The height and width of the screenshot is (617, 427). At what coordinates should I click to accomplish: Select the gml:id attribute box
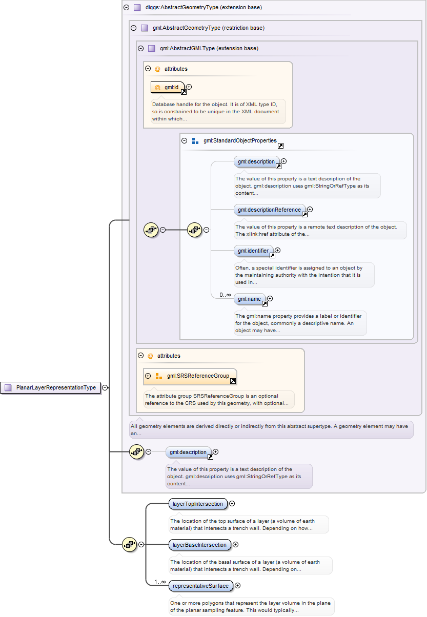click(168, 87)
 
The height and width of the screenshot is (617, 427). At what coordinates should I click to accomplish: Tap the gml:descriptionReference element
click(270, 210)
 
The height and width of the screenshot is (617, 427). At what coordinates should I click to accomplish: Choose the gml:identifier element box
click(253, 251)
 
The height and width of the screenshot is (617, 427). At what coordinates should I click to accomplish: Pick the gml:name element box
click(249, 299)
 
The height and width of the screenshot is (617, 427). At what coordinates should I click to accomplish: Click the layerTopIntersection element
click(198, 504)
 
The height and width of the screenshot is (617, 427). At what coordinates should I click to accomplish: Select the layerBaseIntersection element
click(199, 545)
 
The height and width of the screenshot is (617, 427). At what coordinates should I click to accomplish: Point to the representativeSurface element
click(200, 585)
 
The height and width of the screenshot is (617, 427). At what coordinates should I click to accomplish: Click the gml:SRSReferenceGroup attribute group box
click(190, 376)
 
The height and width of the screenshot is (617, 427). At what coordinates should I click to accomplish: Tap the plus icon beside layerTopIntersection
click(232, 504)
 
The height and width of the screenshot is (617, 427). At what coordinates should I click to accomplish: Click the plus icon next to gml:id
click(189, 87)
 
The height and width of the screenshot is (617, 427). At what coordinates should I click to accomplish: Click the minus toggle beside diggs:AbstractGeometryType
click(127, 8)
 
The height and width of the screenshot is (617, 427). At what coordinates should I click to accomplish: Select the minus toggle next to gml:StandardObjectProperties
click(185, 140)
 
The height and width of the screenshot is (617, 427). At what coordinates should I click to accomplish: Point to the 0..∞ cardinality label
click(225, 295)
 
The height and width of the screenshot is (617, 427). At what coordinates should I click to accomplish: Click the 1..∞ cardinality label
click(160, 582)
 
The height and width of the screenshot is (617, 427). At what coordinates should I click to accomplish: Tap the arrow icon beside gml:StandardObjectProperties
click(280, 146)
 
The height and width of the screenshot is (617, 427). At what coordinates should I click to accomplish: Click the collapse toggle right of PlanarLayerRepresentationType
click(105, 387)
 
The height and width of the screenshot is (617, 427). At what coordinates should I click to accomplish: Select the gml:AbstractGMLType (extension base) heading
click(209, 48)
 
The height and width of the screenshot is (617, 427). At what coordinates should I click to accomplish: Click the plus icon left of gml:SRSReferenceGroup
click(148, 376)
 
